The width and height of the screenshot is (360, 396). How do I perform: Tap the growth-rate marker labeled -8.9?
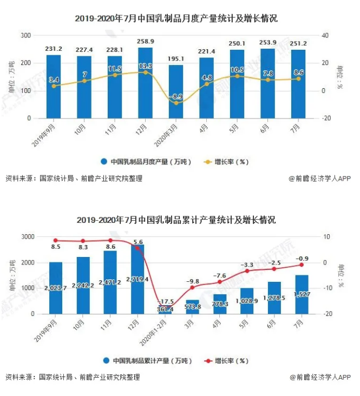tap(176, 103)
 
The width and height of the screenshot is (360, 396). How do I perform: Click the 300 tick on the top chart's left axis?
tap(25, 35)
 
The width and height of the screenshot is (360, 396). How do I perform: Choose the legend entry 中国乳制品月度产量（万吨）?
tap(144, 161)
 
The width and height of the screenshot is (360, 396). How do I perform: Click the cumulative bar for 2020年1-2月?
tap(165, 310)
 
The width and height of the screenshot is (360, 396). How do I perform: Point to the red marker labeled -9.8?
tap(193, 287)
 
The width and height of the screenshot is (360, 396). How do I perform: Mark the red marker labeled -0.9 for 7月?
tap(302, 265)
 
